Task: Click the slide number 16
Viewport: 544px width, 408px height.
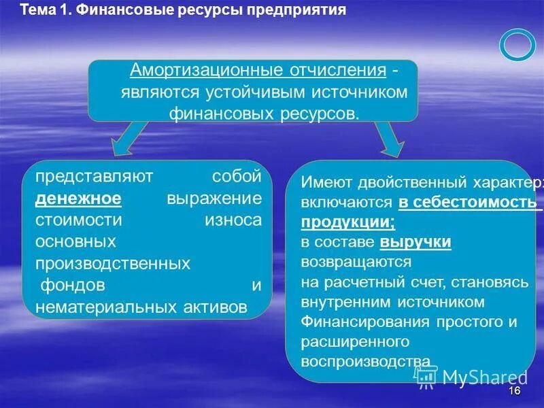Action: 514,392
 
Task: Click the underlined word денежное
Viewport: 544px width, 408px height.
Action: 79,199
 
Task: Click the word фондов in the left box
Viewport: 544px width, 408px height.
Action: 73,284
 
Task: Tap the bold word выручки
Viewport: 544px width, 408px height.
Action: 416,241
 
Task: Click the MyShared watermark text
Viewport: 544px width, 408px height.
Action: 484,376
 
